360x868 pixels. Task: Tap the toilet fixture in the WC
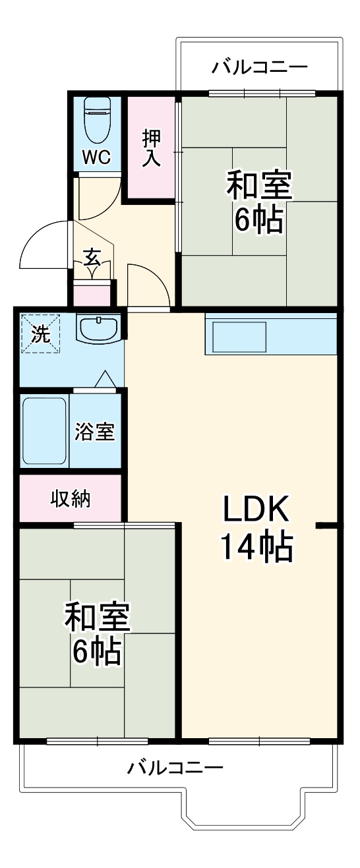point(98,120)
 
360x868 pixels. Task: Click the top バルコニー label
point(260,67)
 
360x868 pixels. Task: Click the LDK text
point(256,509)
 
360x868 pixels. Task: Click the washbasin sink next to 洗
point(98,328)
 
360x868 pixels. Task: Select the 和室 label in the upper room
point(259,186)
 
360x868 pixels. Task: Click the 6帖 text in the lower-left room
point(96,651)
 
